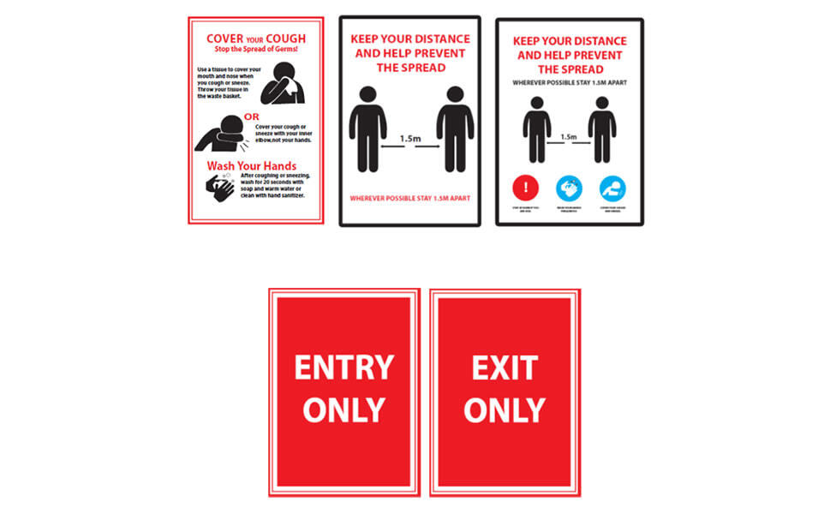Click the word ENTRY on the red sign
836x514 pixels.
click(343, 368)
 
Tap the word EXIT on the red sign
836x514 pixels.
click(505, 368)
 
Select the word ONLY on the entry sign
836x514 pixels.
click(343, 409)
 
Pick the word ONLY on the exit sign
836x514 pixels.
click(505, 409)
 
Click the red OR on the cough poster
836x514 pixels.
click(251, 117)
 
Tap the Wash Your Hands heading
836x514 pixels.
click(251, 165)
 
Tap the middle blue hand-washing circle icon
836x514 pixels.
click(569, 188)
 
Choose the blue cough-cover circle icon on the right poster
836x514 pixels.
click(612, 188)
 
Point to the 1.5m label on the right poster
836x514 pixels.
click(568, 136)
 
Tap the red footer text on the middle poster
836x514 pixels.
click(409, 199)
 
